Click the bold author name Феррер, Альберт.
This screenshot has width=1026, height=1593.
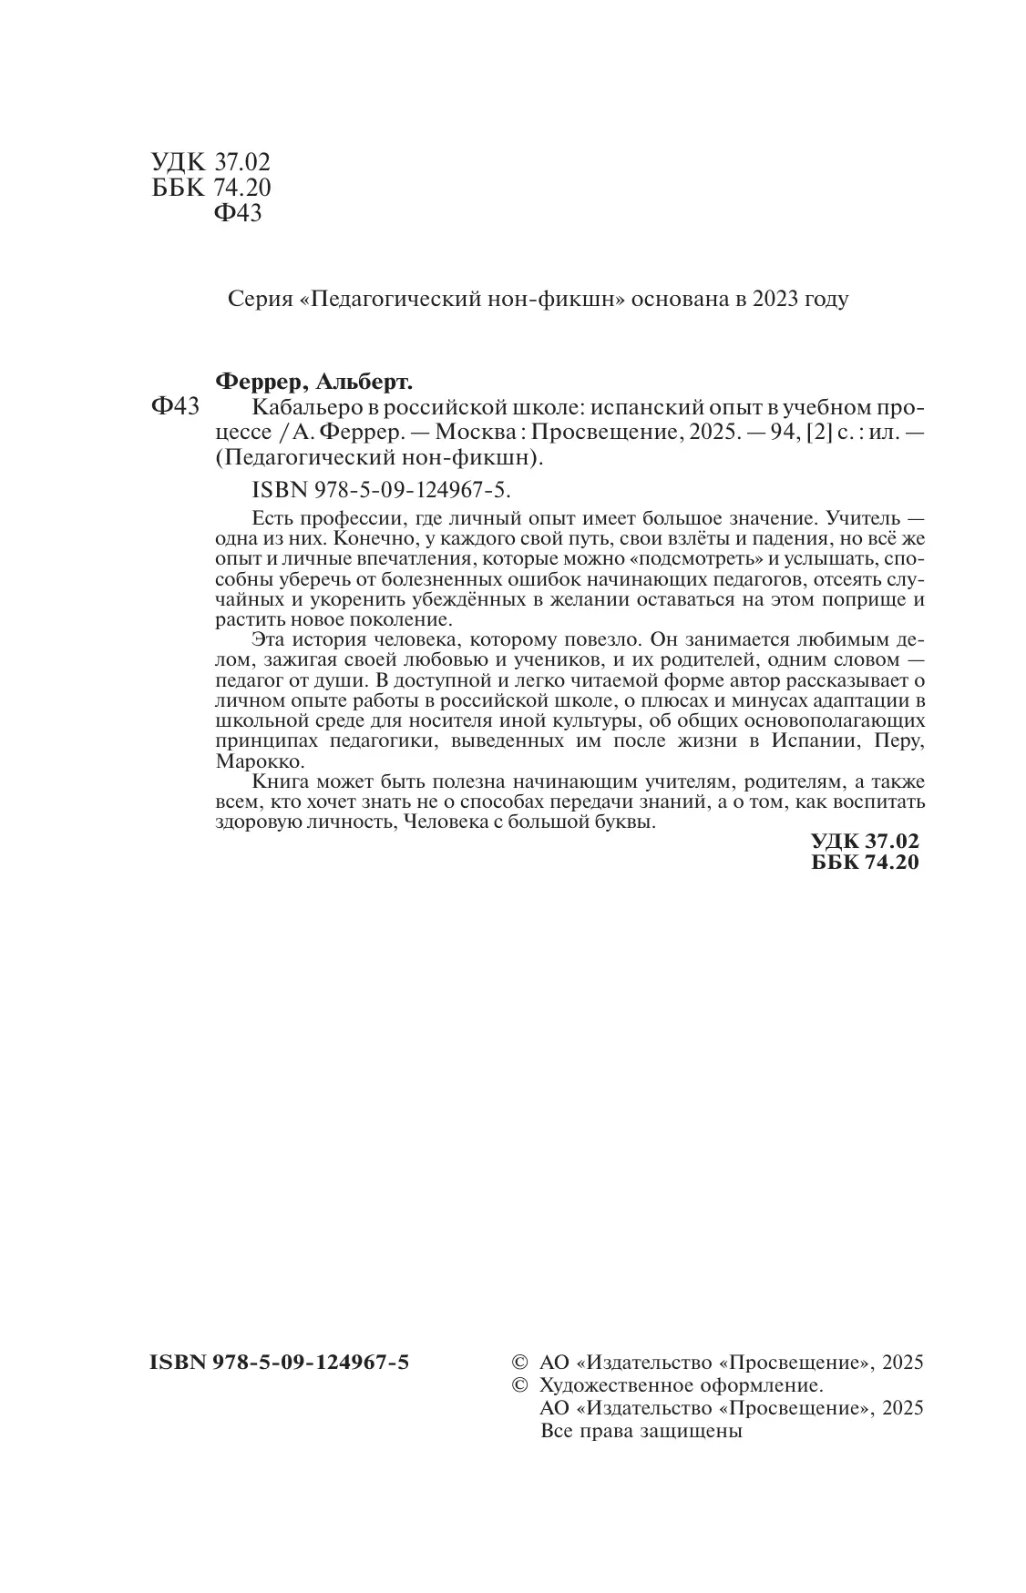[311, 381]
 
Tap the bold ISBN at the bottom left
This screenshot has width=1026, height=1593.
[279, 1363]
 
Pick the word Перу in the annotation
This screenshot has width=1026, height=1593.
[898, 740]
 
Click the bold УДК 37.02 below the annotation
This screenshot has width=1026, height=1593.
[865, 842]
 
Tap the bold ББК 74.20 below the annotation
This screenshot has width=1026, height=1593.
[865, 863]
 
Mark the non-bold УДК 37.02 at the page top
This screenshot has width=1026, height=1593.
[210, 162]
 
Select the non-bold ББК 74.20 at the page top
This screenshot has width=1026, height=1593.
[210, 188]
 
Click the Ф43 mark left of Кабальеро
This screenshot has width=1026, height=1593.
[174, 406]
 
